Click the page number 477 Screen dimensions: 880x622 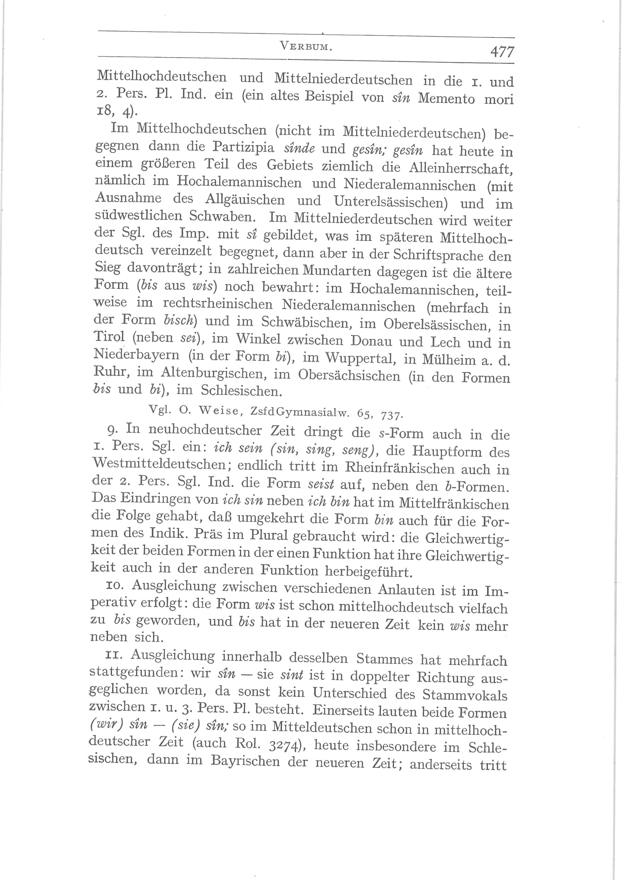[x=502, y=51]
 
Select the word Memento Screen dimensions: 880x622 [x=446, y=98]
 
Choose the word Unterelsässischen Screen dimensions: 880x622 [x=391, y=202]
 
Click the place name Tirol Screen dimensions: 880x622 [x=109, y=336]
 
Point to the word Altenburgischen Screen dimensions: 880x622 [x=216, y=373]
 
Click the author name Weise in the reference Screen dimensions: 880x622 [x=219, y=410]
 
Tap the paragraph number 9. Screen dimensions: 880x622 [x=111, y=430]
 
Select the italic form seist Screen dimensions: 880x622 [x=321, y=484]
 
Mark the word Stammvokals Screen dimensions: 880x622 [x=465, y=695]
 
